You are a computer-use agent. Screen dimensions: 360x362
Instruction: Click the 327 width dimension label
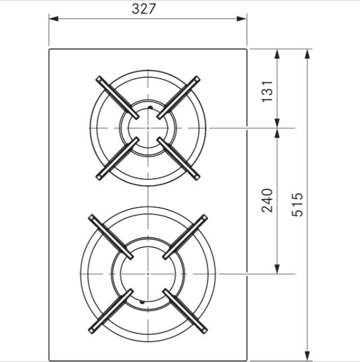point(143,9)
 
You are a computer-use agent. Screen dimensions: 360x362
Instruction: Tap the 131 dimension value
point(267,91)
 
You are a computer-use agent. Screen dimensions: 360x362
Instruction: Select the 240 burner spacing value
point(267,200)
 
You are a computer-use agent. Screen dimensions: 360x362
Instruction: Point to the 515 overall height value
point(297,205)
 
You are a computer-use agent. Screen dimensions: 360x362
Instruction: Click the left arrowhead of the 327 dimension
point(54,19)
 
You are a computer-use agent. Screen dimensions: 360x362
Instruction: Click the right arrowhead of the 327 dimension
point(242,19)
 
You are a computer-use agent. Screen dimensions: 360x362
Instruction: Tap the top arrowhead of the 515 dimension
point(307,54)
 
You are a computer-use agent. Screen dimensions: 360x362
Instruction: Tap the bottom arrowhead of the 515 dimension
point(307,356)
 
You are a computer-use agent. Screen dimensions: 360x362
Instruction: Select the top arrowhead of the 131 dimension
point(277,54)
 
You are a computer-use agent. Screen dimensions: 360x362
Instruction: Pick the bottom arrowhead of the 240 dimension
point(277,269)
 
